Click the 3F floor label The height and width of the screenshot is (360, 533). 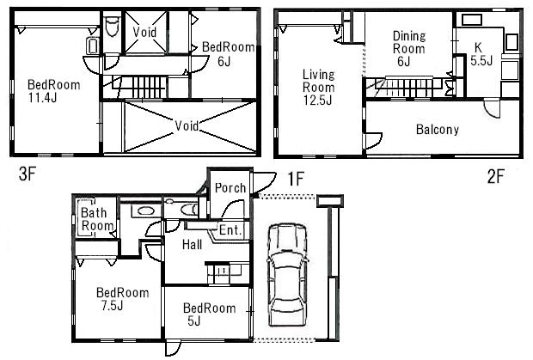28,174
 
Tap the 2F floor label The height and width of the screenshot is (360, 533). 495,177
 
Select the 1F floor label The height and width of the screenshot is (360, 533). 296,179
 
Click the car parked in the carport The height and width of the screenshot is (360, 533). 288,274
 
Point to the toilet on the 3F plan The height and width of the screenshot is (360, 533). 112,27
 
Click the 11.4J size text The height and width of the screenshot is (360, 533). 42,98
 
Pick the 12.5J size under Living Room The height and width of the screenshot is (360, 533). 318,101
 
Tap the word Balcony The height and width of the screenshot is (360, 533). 438,130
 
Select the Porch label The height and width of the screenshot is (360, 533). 230,188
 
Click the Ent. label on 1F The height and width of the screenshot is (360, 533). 230,230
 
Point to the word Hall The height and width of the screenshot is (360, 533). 192,245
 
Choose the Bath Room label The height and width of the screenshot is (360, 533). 97,219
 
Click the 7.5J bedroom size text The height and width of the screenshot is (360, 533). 112,305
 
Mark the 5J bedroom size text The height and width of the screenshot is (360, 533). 193,320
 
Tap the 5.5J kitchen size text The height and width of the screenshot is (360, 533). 481,60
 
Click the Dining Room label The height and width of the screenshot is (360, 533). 409,42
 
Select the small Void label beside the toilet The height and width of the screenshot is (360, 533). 144,33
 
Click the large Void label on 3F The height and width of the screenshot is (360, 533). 187,125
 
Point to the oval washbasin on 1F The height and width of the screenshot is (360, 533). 146,211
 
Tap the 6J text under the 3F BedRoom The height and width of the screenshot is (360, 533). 224,61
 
